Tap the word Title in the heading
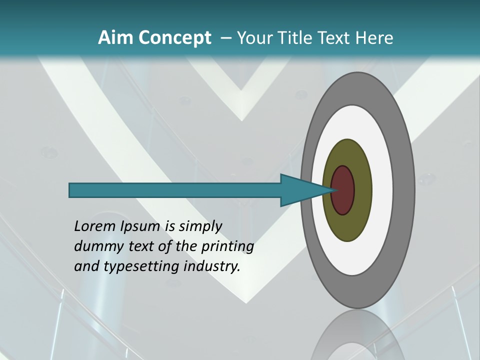(298, 38)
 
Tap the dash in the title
(225, 38)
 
